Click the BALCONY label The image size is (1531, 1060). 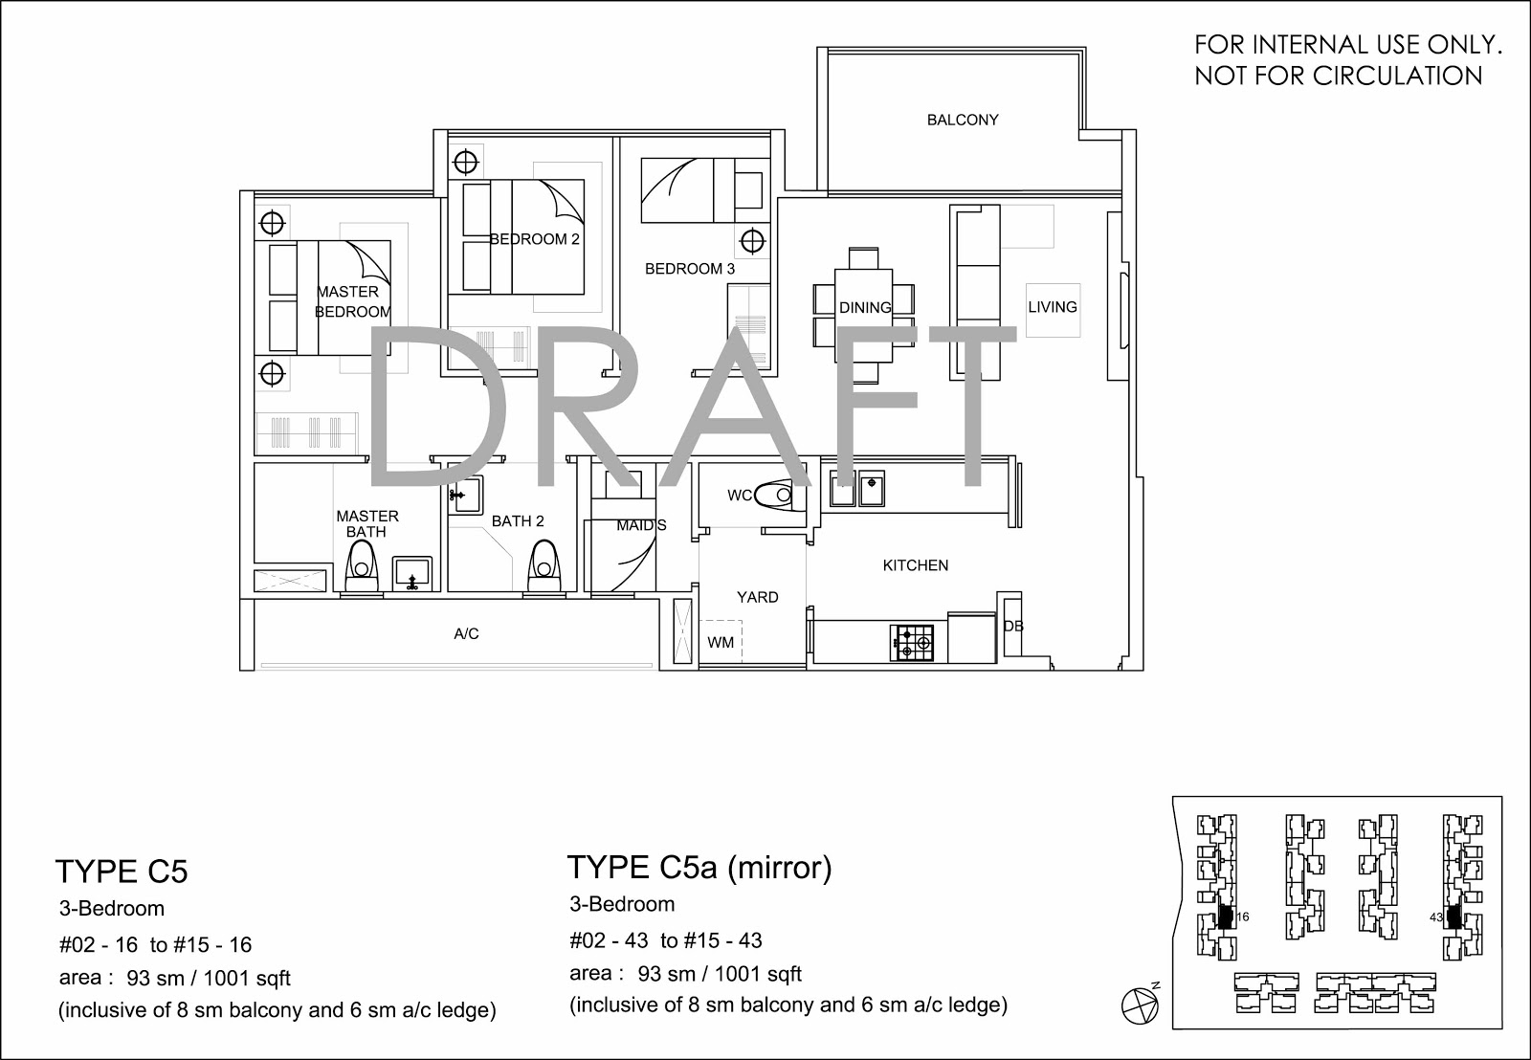(x=963, y=120)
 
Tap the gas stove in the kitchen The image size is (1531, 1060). (x=912, y=643)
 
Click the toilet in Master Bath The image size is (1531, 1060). (x=362, y=567)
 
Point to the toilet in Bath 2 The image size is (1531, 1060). (x=544, y=566)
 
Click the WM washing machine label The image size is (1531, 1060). (x=721, y=643)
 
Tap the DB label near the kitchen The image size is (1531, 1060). (x=1013, y=626)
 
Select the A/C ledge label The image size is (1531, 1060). (x=466, y=634)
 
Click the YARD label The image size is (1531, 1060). (x=757, y=597)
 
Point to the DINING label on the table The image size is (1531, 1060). (x=865, y=307)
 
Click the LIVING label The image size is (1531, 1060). (x=1053, y=307)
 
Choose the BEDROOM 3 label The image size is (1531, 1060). (x=690, y=269)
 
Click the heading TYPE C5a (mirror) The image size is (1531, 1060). (x=699, y=868)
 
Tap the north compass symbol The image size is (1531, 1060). (x=1141, y=1005)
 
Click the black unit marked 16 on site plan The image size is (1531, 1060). (x=1226, y=916)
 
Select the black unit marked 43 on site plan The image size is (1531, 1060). (x=1453, y=916)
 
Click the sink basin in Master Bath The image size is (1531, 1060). (x=412, y=573)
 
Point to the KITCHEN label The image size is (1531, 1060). (x=915, y=565)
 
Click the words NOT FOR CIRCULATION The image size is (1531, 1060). (x=1339, y=76)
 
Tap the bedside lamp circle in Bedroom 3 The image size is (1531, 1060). (x=752, y=241)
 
